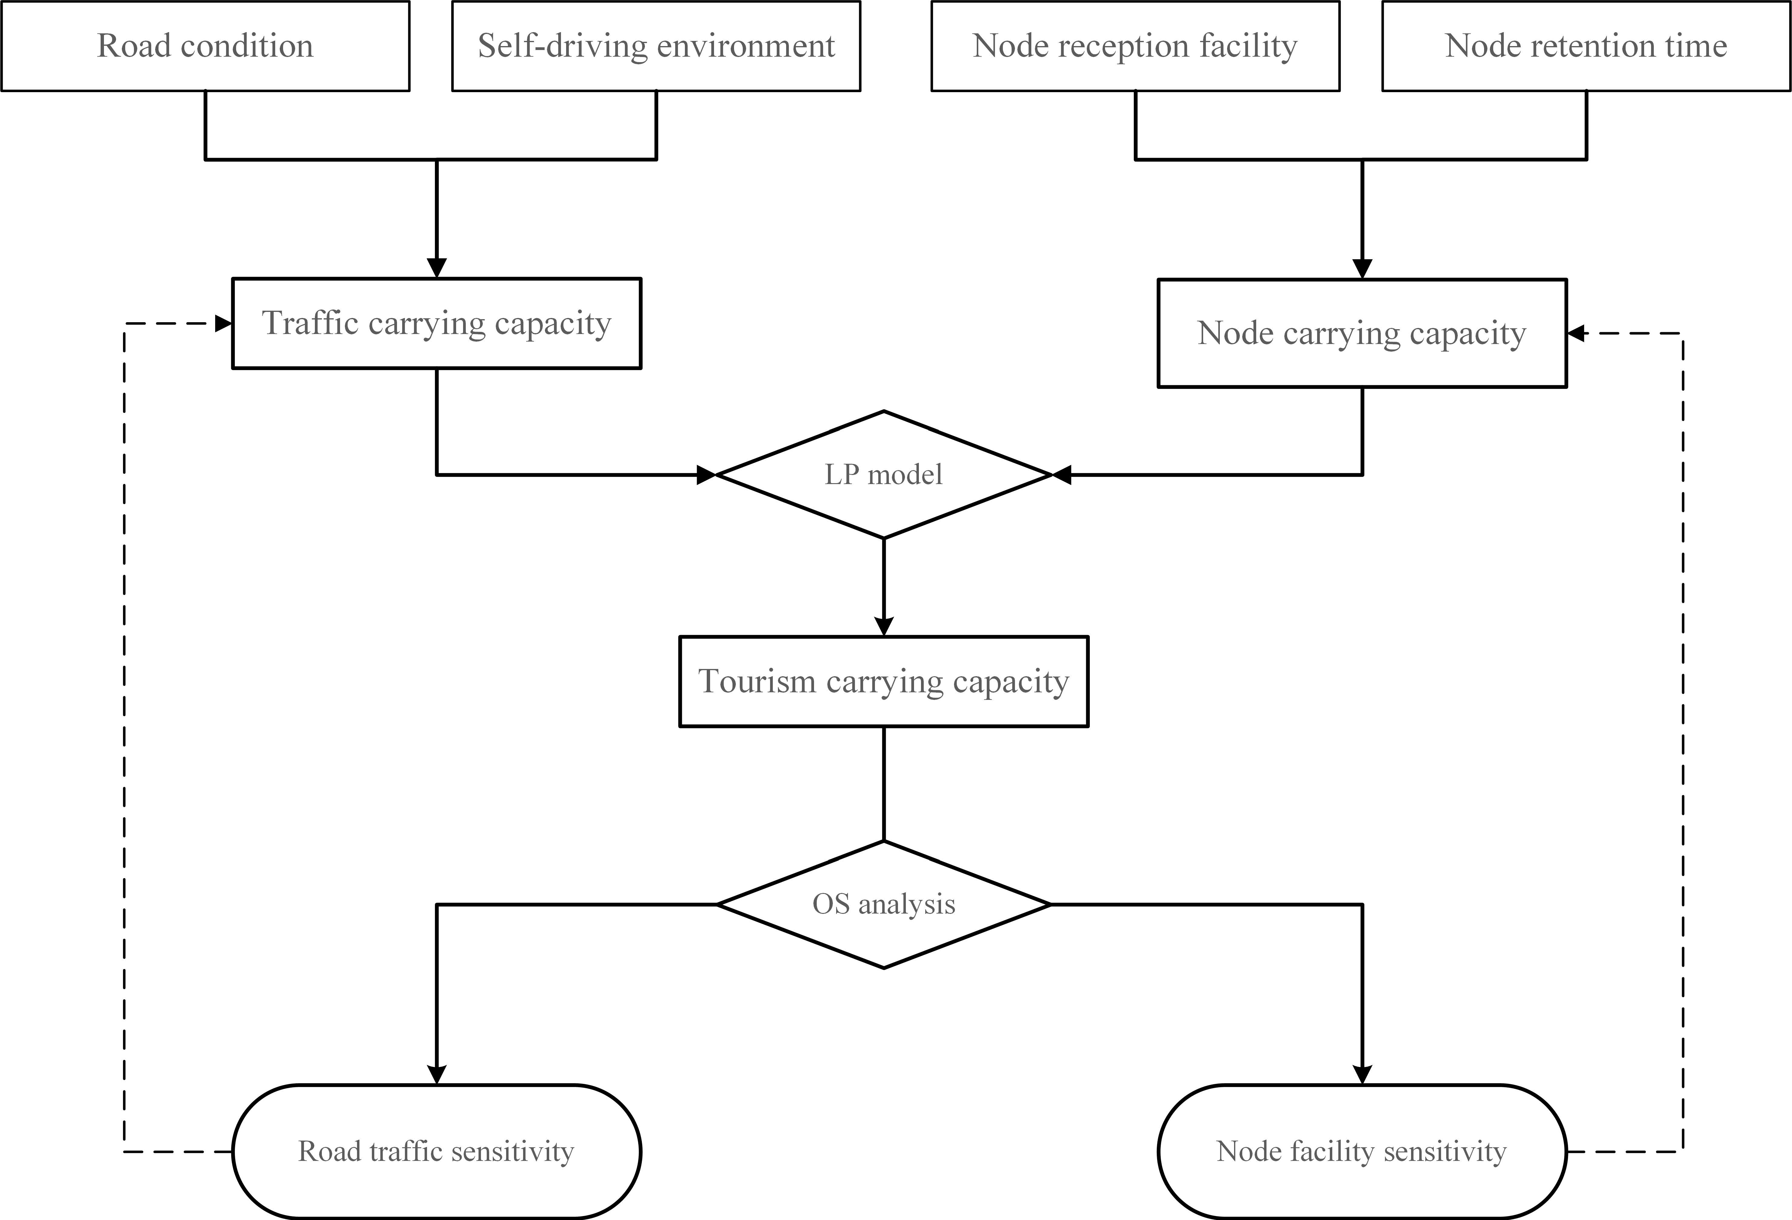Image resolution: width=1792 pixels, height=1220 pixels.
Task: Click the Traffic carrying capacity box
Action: coord(436,323)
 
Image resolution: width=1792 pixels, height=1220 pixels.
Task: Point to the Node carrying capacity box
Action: coord(1362,333)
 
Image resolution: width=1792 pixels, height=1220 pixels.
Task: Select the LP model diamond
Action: coord(884,474)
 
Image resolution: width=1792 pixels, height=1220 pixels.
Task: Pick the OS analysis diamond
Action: coord(884,904)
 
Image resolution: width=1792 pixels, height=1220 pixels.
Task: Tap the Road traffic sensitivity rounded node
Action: coord(436,1151)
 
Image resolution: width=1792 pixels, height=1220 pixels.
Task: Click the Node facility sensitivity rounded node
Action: coord(1362,1151)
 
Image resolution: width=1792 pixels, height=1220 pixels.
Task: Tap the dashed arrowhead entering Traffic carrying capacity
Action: coord(224,324)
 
